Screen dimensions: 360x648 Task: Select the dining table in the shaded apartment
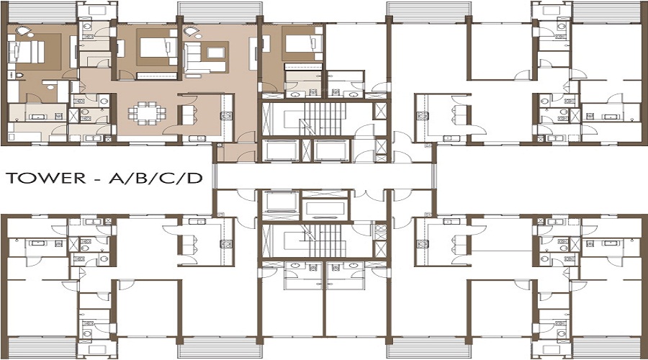click(146, 113)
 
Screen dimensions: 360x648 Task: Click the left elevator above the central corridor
click(279, 150)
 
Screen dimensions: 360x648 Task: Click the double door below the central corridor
click(373, 195)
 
